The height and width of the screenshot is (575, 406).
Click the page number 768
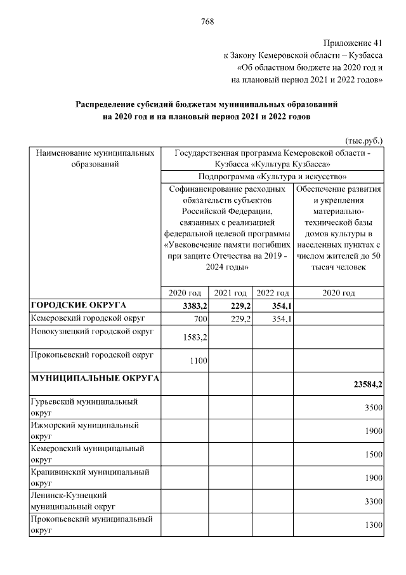click(x=207, y=22)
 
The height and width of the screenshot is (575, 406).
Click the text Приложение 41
click(x=353, y=43)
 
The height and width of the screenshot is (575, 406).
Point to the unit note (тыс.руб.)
click(x=363, y=140)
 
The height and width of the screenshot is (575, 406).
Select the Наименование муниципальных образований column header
click(x=95, y=159)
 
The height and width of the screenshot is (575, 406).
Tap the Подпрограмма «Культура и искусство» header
click(x=272, y=177)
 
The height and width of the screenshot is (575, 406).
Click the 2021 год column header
click(x=230, y=293)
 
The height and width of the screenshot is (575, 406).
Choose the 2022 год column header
click(x=272, y=293)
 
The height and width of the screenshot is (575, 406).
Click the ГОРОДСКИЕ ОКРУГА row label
click(x=79, y=306)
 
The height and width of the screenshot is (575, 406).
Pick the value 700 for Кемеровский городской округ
click(x=201, y=318)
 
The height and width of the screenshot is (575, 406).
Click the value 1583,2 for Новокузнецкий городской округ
click(x=195, y=336)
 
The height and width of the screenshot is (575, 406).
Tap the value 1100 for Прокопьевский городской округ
click(x=199, y=360)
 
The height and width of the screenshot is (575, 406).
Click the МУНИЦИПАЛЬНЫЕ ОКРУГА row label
click(x=95, y=379)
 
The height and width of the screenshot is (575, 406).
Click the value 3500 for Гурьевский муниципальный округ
click(x=372, y=407)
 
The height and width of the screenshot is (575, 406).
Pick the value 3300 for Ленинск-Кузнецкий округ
click(x=372, y=501)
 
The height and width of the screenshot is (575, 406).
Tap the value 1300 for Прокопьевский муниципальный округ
click(x=372, y=524)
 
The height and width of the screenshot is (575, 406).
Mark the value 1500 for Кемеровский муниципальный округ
click(x=372, y=454)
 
